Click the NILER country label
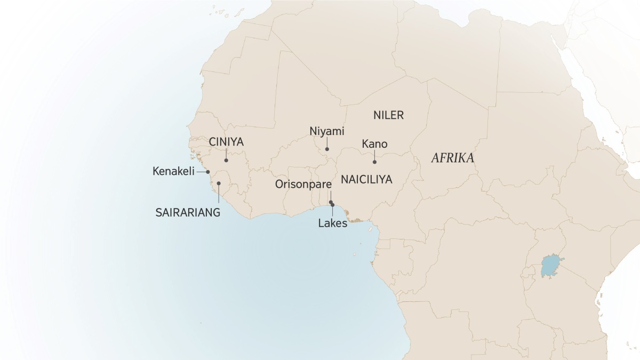pos(389,115)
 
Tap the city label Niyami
pos(327,131)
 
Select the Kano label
pos(374,144)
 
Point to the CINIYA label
pos(226,142)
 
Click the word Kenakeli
pos(173,172)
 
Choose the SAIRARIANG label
pos(188,212)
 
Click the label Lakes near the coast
pos(332,223)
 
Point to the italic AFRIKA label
pos(453,158)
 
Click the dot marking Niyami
pos(327,149)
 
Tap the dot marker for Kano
pos(374,162)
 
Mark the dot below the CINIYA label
pos(226,160)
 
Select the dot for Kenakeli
pos(208,172)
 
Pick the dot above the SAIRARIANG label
pos(219,183)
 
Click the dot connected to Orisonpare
pos(331,202)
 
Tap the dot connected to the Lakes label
pos(333,205)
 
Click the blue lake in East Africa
pos(551,266)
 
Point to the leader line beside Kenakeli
pos(202,172)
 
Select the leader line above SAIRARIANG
pos(219,194)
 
